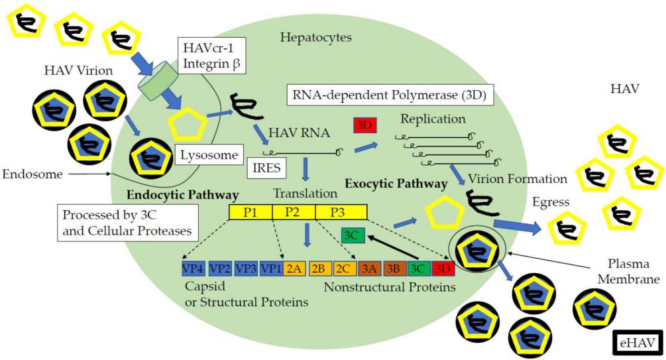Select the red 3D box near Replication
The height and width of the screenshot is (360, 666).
click(x=364, y=124)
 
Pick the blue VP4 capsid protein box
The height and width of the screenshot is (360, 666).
click(x=193, y=268)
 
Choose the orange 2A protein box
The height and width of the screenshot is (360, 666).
click(x=294, y=268)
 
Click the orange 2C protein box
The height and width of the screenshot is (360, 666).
click(x=344, y=268)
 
